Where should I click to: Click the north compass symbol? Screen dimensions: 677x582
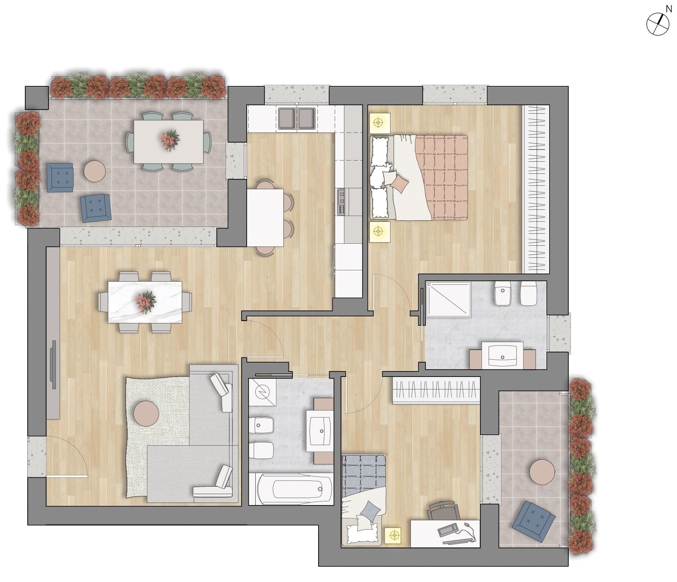tap(657, 24)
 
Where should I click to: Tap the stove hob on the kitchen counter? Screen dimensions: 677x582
tap(342, 202)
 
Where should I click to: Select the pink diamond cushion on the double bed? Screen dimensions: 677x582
tap(400, 183)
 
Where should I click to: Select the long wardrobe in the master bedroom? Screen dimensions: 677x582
tap(536, 189)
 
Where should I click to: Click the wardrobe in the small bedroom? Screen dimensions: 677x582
tap(436, 390)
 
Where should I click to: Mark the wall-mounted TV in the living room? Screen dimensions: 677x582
tap(54, 364)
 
